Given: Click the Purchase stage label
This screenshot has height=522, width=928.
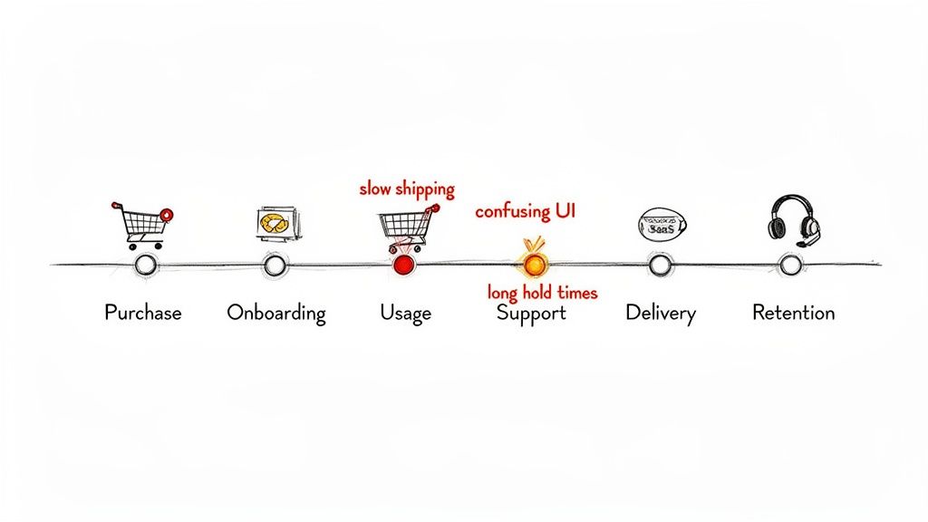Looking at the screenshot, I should [x=143, y=313].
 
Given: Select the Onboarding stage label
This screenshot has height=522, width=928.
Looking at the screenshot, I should [x=276, y=313].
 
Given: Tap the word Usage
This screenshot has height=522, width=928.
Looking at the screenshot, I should [x=405, y=313].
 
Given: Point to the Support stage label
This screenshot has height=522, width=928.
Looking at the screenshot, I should [x=531, y=314].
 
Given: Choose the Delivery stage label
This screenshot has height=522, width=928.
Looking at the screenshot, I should [x=661, y=314].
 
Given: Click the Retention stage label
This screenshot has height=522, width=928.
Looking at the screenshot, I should [x=793, y=313].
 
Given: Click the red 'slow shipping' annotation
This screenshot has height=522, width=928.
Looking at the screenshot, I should [x=407, y=189].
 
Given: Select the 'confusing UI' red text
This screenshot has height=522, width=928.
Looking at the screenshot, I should [x=526, y=212].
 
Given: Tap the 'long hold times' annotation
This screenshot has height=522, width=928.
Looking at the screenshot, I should [x=542, y=293].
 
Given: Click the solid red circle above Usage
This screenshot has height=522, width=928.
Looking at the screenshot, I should [x=403, y=265].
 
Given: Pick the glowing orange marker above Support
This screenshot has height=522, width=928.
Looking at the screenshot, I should [x=533, y=264].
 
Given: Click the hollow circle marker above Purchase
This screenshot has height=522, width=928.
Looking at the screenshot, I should [x=144, y=265].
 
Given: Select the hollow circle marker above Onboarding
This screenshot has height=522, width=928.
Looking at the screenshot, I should [x=275, y=265].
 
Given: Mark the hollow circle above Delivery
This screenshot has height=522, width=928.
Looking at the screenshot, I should [x=661, y=265].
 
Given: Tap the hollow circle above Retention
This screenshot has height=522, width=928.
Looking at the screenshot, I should [x=791, y=265].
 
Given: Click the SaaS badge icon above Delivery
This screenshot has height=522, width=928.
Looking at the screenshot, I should [x=662, y=224].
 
